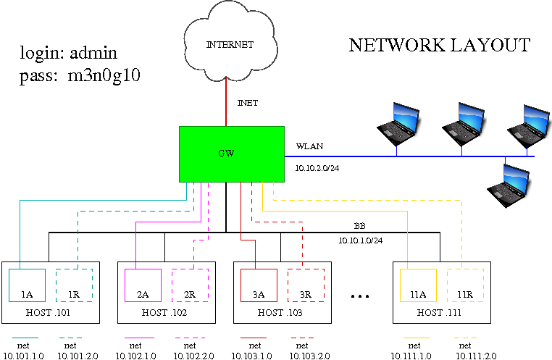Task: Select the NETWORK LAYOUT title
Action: tap(439, 46)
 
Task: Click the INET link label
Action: tap(248, 104)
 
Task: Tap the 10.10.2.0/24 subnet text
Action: tap(318, 167)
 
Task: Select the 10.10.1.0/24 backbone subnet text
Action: tap(361, 240)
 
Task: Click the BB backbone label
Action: tap(359, 225)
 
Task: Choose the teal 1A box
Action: tap(27, 285)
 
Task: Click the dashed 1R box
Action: tap(74, 285)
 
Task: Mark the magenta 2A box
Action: tap(143, 285)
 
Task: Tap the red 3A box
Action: tap(259, 285)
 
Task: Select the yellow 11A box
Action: tap(418, 285)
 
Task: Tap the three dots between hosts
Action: tap(360, 296)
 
